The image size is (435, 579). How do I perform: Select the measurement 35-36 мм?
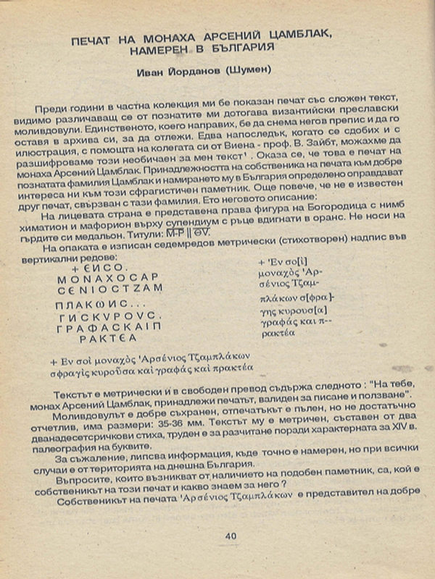click(215, 426)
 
